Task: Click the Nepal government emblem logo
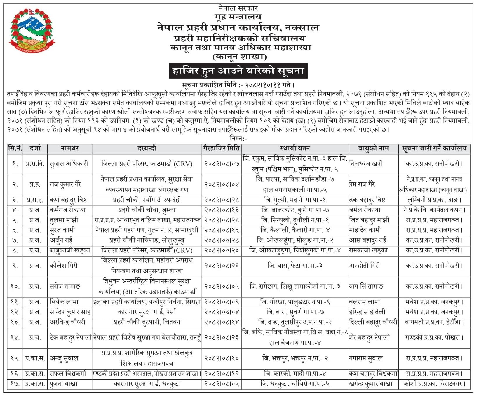pos(32,31)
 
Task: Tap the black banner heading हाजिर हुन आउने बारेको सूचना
pos(238,71)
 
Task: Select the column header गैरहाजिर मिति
pos(221,149)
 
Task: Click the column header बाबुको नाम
pos(373,149)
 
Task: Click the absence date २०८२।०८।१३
pos(221,210)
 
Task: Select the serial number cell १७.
pos(15,384)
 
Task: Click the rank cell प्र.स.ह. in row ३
pos(35,200)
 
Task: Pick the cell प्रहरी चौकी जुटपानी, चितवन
pos(147,322)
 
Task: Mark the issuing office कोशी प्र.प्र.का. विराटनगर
pos(434,384)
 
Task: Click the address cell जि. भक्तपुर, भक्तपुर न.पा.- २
pos(295,358)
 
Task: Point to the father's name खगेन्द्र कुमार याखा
pos(371,384)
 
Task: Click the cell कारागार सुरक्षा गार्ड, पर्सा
pos(147,312)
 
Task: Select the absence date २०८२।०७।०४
pos(221,312)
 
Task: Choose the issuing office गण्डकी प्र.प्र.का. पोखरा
pos(434,338)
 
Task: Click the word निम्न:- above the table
pos(238,138)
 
